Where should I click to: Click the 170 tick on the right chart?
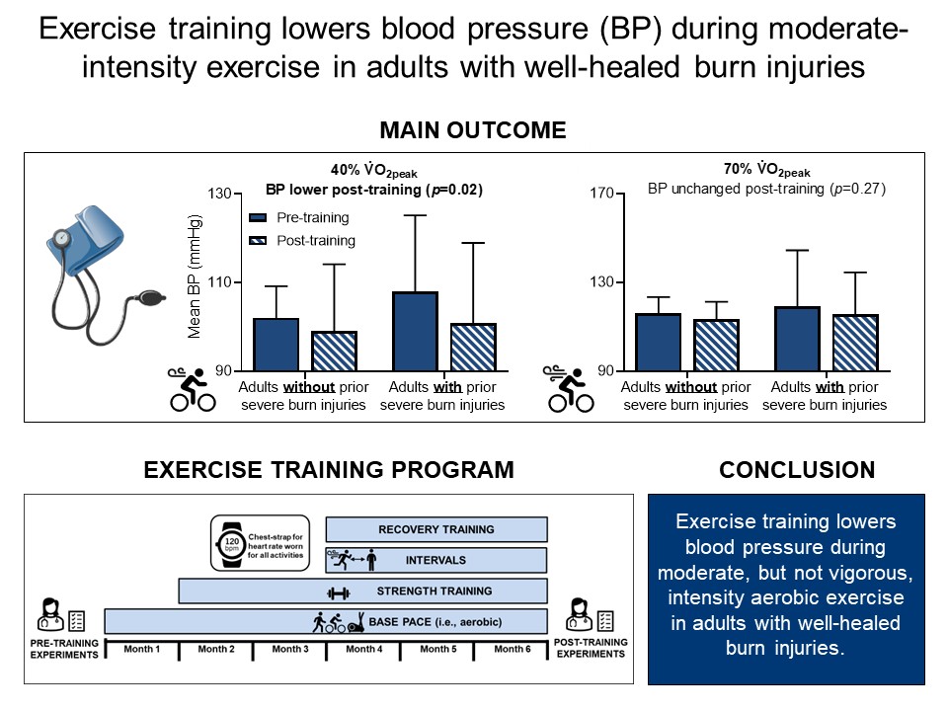tap(601, 194)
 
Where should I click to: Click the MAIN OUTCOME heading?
tap(474, 130)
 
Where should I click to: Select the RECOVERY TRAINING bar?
tap(435, 530)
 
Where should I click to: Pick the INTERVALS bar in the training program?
tap(435, 560)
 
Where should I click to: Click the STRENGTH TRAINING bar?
tap(362, 592)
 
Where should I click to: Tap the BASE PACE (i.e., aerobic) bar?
tap(326, 622)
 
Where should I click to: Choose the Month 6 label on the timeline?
tap(511, 649)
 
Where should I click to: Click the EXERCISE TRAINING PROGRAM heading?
tap(329, 470)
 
